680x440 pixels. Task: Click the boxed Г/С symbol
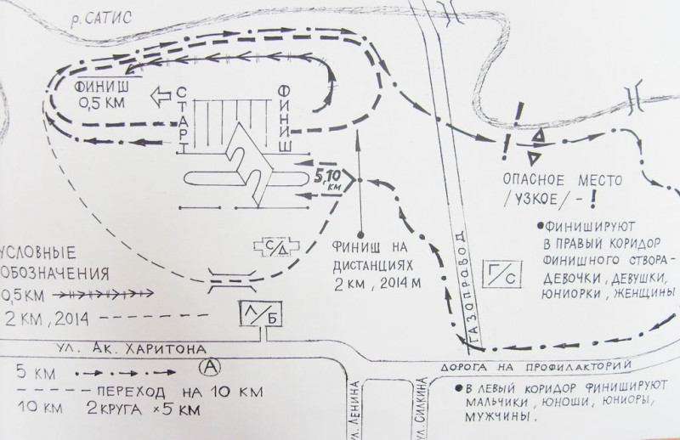[495, 274]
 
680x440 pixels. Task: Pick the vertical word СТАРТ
[184, 121]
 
